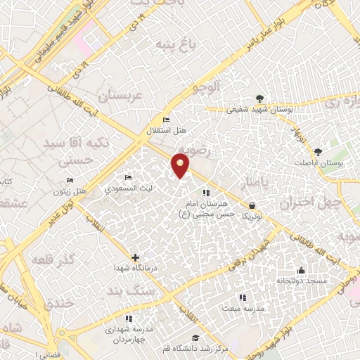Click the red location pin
click(x=181, y=166)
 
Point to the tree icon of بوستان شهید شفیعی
click(x=261, y=98)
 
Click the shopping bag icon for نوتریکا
click(x=252, y=205)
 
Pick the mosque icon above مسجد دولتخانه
click(x=301, y=271)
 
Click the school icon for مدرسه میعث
click(x=243, y=297)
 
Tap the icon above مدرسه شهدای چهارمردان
click(x=128, y=318)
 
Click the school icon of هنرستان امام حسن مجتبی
click(x=206, y=192)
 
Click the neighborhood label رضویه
click(x=191, y=146)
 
